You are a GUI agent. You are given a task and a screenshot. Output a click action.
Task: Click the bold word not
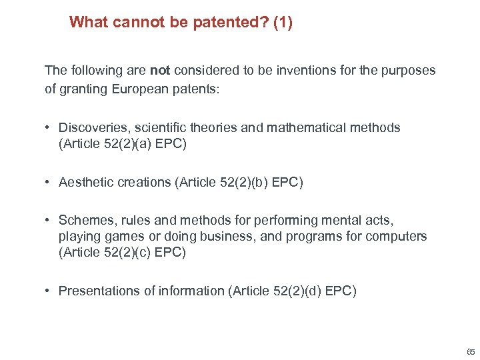pyautogui.click(x=159, y=70)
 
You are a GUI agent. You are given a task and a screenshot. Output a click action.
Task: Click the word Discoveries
pyautogui.click(x=91, y=127)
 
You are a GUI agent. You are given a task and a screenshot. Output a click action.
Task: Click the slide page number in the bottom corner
pyautogui.click(x=471, y=352)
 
